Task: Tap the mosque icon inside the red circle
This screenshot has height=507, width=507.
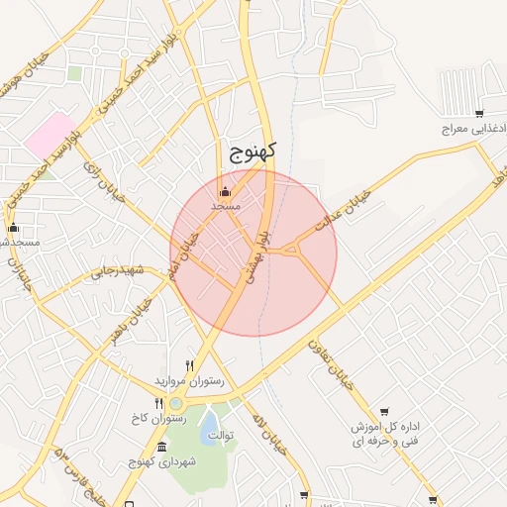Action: coord(225,192)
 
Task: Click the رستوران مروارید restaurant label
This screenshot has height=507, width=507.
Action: coord(188,380)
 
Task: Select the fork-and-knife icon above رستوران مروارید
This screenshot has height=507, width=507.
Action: coord(190,365)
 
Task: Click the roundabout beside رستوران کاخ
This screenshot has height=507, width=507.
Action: coord(176,403)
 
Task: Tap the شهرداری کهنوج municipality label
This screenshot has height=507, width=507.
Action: coord(162,461)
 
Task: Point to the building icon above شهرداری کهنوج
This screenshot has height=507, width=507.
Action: coord(161,446)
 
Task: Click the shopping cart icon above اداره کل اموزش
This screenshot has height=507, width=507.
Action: coord(383,411)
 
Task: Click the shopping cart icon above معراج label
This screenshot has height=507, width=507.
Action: coord(479,114)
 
